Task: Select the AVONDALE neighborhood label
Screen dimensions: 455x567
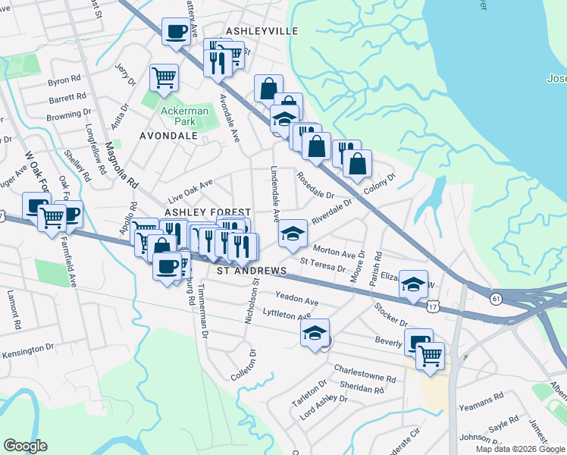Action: pyautogui.click(x=168, y=136)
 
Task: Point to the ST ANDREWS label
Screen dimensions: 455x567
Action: pyautogui.click(x=252, y=271)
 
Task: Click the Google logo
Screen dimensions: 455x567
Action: pyautogui.click(x=25, y=446)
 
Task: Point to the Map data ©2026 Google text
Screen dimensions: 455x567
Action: pyautogui.click(x=520, y=449)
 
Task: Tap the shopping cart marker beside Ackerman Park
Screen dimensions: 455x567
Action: pyautogui.click(x=164, y=77)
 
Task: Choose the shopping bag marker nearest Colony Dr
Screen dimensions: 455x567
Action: pyautogui.click(x=358, y=162)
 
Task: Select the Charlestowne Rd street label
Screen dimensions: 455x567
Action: pyautogui.click(x=365, y=373)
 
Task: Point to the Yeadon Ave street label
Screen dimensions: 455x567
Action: pyautogui.click(x=297, y=299)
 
